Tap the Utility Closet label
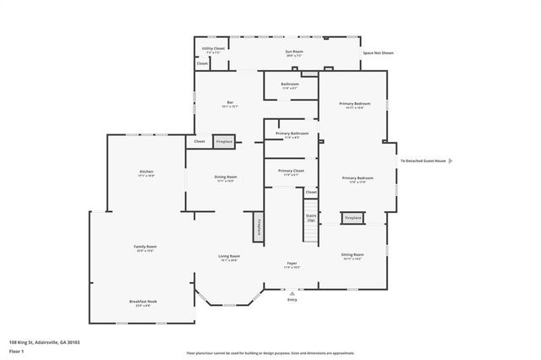(213, 49)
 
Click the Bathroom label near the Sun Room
(290, 84)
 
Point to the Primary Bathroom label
(292, 134)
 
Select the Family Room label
(145, 247)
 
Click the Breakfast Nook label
(142, 302)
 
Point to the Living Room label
(229, 256)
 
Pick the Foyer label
(292, 263)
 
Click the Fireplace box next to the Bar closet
(224, 142)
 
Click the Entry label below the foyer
(292, 299)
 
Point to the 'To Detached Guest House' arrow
(451, 161)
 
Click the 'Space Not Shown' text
(378, 53)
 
